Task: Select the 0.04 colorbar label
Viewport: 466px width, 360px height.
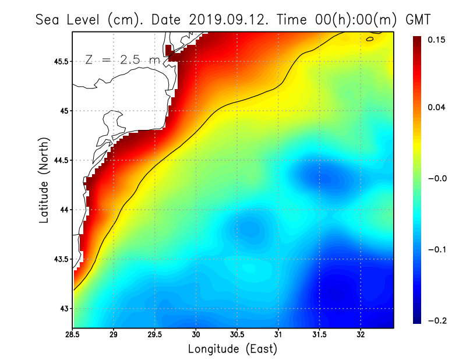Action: (436, 107)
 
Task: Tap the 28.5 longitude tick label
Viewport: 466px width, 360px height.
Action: (73, 336)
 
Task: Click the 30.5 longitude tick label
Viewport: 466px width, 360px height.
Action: (237, 336)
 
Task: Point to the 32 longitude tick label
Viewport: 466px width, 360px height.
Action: (361, 336)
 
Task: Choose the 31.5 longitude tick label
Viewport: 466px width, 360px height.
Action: (319, 336)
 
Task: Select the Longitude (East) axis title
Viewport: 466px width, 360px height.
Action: (232, 349)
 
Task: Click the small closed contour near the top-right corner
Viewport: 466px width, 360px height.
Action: (370, 40)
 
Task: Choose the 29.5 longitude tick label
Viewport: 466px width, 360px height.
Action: (154, 336)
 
